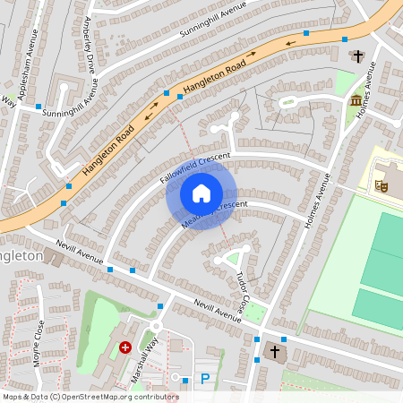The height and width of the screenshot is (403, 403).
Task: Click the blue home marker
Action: tap(201, 193)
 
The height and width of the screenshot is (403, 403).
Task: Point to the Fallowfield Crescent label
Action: tap(195, 167)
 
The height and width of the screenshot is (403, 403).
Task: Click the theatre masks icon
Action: tap(382, 185)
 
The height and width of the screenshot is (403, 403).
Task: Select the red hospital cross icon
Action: tap(125, 347)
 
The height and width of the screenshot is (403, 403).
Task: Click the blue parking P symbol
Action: tap(205, 379)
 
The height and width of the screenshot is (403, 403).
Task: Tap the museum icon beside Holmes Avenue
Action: tap(356, 99)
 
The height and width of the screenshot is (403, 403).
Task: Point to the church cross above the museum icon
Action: tap(358, 56)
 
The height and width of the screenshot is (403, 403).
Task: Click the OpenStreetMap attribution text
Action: tap(90, 396)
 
